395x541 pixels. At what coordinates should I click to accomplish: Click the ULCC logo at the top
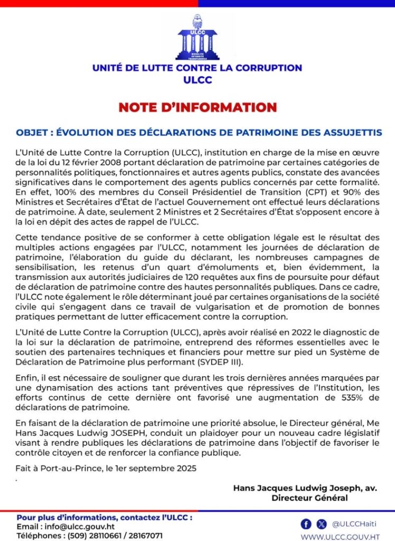(x=197, y=38)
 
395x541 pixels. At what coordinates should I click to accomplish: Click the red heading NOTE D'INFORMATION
(x=197, y=107)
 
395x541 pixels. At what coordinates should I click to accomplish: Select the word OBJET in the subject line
(x=31, y=132)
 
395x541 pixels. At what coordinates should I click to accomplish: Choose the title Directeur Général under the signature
(x=309, y=498)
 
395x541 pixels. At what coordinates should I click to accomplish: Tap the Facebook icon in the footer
(x=306, y=524)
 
